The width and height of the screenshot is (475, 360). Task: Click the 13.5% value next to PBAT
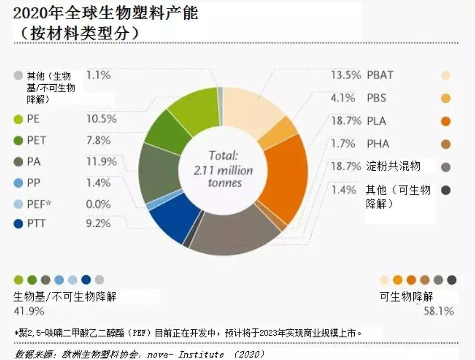point(346,75)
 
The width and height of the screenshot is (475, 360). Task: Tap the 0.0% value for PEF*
point(99,204)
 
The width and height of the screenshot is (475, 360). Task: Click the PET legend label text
point(37,140)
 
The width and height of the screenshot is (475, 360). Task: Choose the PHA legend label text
point(378,144)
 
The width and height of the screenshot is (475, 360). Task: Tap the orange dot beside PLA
point(445,122)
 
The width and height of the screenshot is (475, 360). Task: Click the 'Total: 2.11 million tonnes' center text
point(224,169)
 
